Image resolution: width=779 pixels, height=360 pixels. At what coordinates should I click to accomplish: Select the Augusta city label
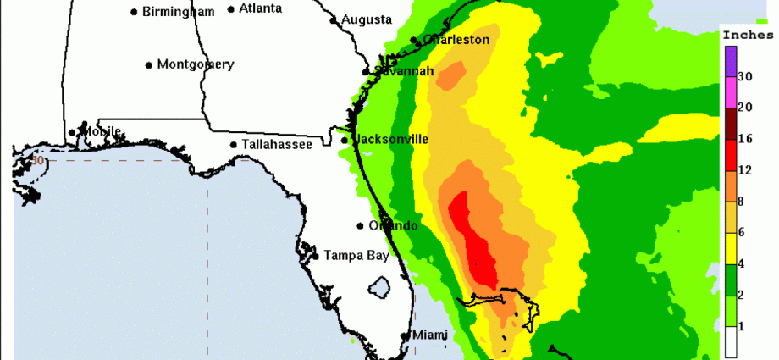click(366, 19)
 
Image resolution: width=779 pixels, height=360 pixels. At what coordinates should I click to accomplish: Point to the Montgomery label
click(195, 64)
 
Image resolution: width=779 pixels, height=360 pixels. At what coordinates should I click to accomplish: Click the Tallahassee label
click(277, 145)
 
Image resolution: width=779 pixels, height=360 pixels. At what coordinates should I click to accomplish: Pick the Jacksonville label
click(390, 139)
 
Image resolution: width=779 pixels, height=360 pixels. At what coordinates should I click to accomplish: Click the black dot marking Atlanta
click(231, 10)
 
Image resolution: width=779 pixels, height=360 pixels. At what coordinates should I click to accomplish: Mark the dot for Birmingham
click(135, 12)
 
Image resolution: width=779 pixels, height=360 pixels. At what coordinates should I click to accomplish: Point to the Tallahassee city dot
click(234, 145)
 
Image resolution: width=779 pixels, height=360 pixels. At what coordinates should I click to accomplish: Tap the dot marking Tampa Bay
click(316, 255)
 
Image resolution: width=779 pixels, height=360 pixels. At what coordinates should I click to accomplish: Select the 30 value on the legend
click(746, 77)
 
